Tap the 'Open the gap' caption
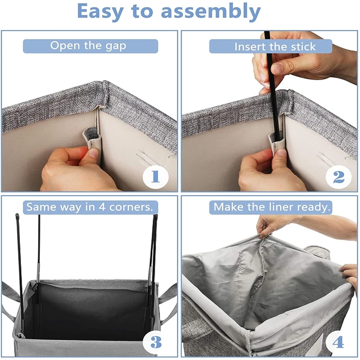point(88,46)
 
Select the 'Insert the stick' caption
point(275,47)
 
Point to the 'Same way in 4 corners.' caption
point(90,207)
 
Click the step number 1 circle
point(155,177)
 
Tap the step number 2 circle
point(338,177)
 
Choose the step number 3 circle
point(156,342)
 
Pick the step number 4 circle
point(338,342)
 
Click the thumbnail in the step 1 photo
point(94,152)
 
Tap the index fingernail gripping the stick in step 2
point(278,68)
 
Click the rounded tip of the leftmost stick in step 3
point(17,216)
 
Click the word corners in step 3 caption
point(131,207)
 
